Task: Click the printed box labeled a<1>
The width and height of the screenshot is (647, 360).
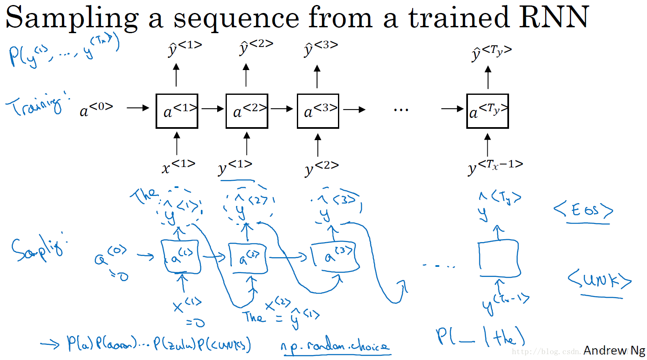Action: [177, 111]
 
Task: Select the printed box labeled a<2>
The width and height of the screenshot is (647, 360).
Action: [247, 111]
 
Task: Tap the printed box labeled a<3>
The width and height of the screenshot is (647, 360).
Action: [318, 111]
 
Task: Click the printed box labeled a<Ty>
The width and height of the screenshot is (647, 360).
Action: [487, 111]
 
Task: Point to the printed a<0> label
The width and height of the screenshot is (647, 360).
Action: [96, 110]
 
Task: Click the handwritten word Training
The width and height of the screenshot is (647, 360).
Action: [36, 104]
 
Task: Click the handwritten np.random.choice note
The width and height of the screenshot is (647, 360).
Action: [335, 346]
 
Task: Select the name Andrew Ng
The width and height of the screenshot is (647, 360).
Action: [614, 350]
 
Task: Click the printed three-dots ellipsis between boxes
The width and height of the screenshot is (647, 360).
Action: [401, 110]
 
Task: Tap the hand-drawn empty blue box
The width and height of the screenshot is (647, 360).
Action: [499, 258]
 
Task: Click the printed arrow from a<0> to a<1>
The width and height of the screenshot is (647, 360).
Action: [138, 108]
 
